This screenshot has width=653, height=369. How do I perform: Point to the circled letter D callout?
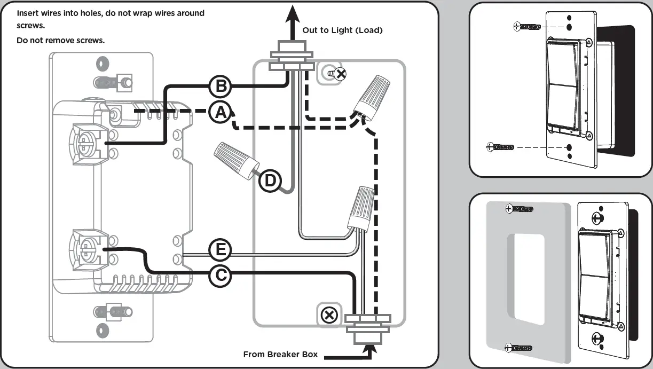pyautogui.click(x=270, y=181)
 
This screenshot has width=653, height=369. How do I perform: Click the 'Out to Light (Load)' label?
pyautogui.click(x=342, y=30)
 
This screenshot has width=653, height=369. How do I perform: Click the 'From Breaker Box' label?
pyautogui.click(x=280, y=354)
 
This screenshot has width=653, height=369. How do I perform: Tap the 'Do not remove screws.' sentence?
pyautogui.click(x=61, y=41)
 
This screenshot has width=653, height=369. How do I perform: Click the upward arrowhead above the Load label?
pyautogui.click(x=292, y=11)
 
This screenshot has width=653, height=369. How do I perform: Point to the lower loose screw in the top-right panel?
pyautogui.click(x=500, y=147)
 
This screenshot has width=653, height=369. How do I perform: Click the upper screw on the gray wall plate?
pyautogui.click(x=518, y=208)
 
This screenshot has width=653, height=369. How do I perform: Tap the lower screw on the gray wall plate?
pyautogui.click(x=518, y=348)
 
